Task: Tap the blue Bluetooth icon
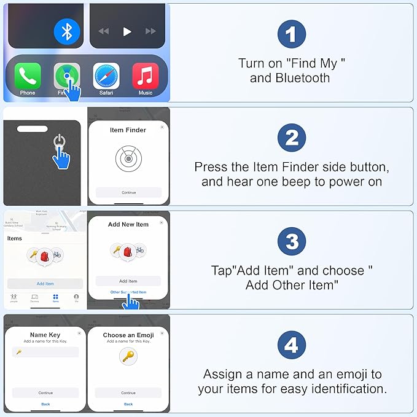(67, 31)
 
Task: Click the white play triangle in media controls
(127, 31)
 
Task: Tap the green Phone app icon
(28, 76)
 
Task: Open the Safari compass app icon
(106, 76)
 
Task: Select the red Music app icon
(146, 76)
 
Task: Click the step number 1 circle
(292, 34)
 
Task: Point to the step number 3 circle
(292, 242)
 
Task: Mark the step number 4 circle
(292, 346)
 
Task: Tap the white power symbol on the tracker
(59, 141)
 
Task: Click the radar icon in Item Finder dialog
(128, 158)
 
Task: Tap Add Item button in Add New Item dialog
(128, 281)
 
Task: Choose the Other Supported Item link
(128, 292)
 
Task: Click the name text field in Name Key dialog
(45, 352)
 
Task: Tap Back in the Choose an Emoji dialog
(128, 404)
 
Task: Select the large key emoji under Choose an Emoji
(128, 356)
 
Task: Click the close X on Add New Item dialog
(162, 222)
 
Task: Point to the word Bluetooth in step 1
(302, 78)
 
